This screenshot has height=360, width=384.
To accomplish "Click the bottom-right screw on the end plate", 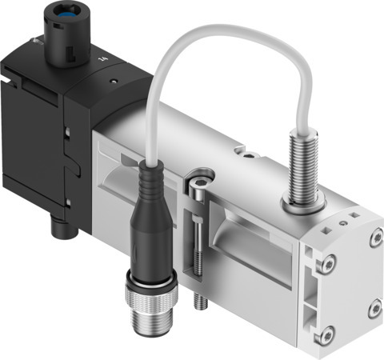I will coord(371,305).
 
